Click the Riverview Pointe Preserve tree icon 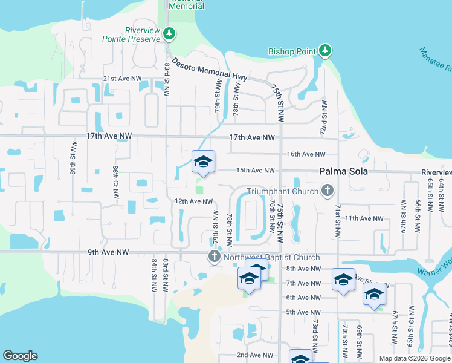coord(170,33)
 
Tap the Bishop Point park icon coord(325,50)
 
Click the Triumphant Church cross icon coord(328,191)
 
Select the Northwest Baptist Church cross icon coord(214,257)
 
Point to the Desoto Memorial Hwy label coord(202,68)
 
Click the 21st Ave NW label coord(122,79)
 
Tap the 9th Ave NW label coord(109,252)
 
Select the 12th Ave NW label coord(193,201)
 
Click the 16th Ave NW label coord(306,154)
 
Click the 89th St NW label coord(73,159)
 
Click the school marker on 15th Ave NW coord(204,162)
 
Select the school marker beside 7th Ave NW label coord(343,280)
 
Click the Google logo coord(20,356)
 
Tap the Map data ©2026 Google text coord(415,358)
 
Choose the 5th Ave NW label coord(303,312)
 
